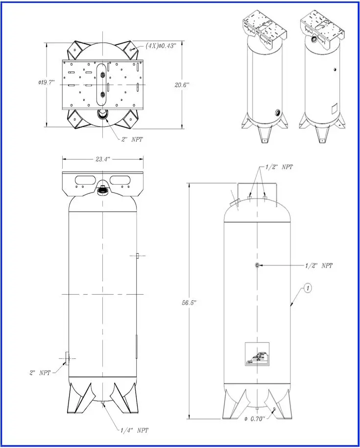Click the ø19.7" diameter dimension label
click(x=47, y=82)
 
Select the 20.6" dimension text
click(x=181, y=85)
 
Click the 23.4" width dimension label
click(x=103, y=159)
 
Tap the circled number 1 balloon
click(x=307, y=288)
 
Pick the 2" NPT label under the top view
click(x=132, y=139)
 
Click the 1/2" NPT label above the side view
click(x=279, y=167)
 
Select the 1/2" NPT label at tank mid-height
click(x=318, y=265)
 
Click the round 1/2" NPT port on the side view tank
click(x=257, y=265)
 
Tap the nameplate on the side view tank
click(x=257, y=354)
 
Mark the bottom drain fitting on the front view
click(x=103, y=403)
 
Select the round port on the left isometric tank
click(x=278, y=113)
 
